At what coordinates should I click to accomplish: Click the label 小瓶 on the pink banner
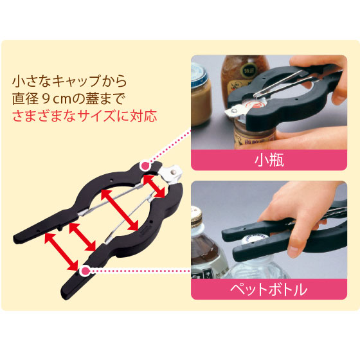point(269,160)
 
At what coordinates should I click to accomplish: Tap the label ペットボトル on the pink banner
point(269,289)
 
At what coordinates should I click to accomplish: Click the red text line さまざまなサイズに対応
point(85,116)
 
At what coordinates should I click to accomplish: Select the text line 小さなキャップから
point(69,81)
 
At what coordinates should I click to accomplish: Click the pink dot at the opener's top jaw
point(145,165)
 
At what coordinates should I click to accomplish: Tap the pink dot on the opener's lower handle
point(85,271)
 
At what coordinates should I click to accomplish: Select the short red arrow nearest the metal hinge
point(154,186)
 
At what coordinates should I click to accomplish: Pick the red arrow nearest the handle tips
point(62,251)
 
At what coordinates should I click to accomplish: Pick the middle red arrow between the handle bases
point(82,237)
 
